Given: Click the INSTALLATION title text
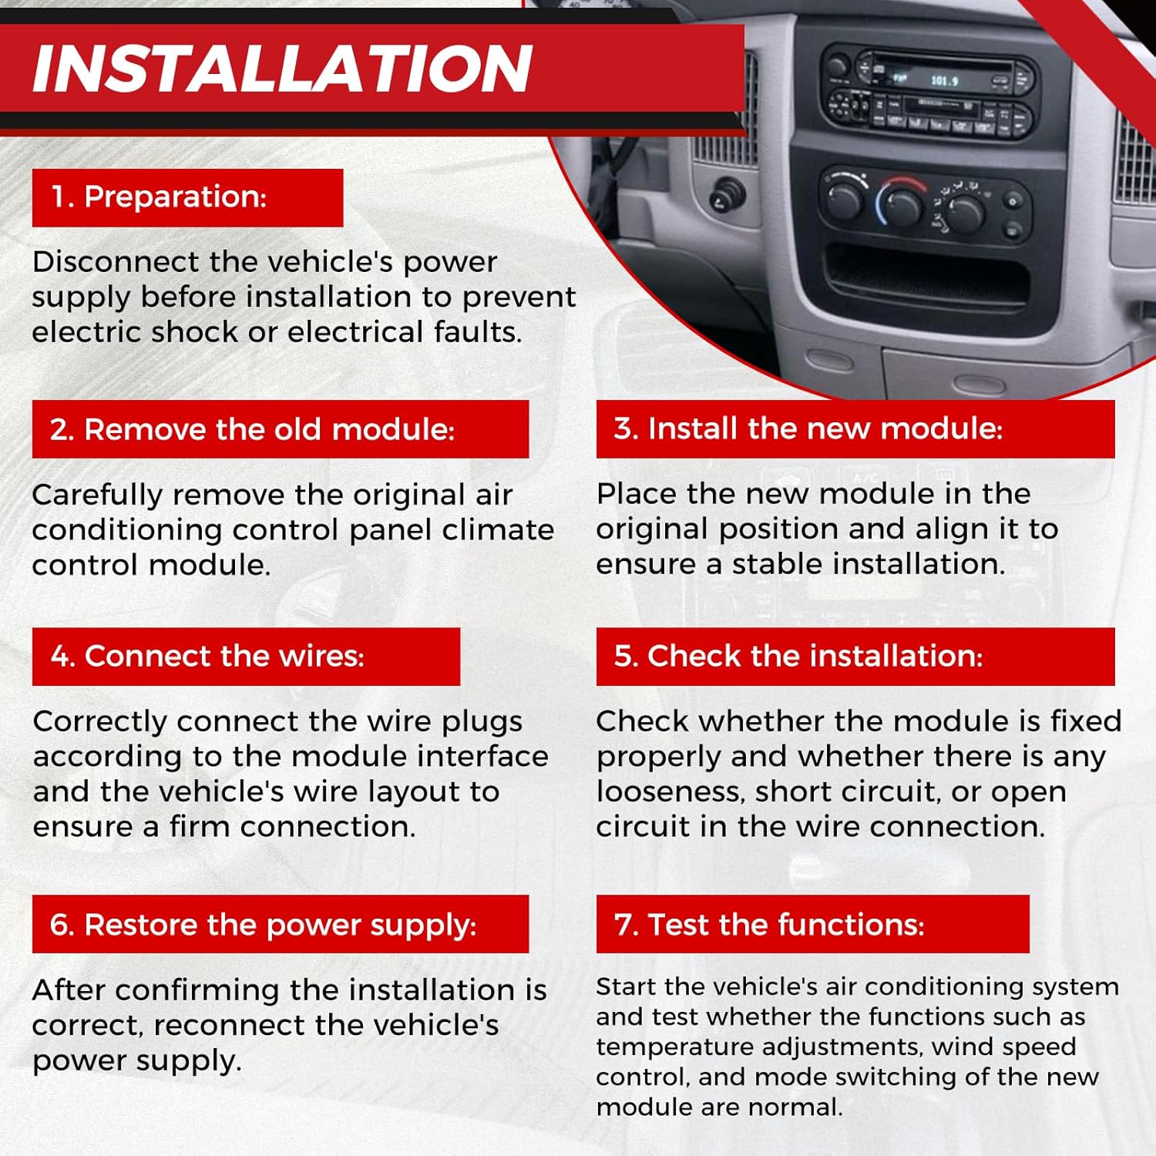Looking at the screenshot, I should click(x=282, y=68).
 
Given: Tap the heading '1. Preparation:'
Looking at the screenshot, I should click(x=159, y=197).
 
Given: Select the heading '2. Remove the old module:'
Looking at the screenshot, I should click(x=252, y=429).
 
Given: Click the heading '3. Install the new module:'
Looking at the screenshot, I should click(x=808, y=428).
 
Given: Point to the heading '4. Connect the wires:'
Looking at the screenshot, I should click(x=207, y=657).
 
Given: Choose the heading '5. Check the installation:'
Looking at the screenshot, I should click(x=798, y=657).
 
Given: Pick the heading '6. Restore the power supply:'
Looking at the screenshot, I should click(x=263, y=925).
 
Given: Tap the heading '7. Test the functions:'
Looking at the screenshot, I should click(x=769, y=925).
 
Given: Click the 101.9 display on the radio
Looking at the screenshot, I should click(x=944, y=81).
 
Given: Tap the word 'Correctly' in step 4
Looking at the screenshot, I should click(x=100, y=722).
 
